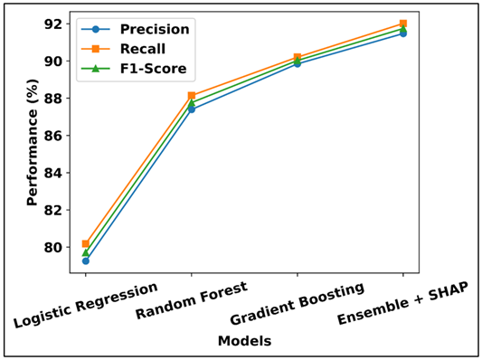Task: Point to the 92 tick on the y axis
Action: (56, 24)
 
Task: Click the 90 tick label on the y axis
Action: (56, 61)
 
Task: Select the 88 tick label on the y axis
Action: (56, 98)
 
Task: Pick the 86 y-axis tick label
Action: (56, 136)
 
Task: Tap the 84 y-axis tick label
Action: (56, 173)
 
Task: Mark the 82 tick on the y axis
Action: (56, 210)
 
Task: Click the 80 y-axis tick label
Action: (56, 247)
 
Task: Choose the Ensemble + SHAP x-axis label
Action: (404, 305)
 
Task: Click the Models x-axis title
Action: (244, 341)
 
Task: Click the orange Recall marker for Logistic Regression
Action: (86, 243)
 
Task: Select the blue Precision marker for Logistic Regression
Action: (86, 261)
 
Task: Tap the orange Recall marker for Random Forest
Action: (192, 95)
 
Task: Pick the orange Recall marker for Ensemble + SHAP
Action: (403, 24)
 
